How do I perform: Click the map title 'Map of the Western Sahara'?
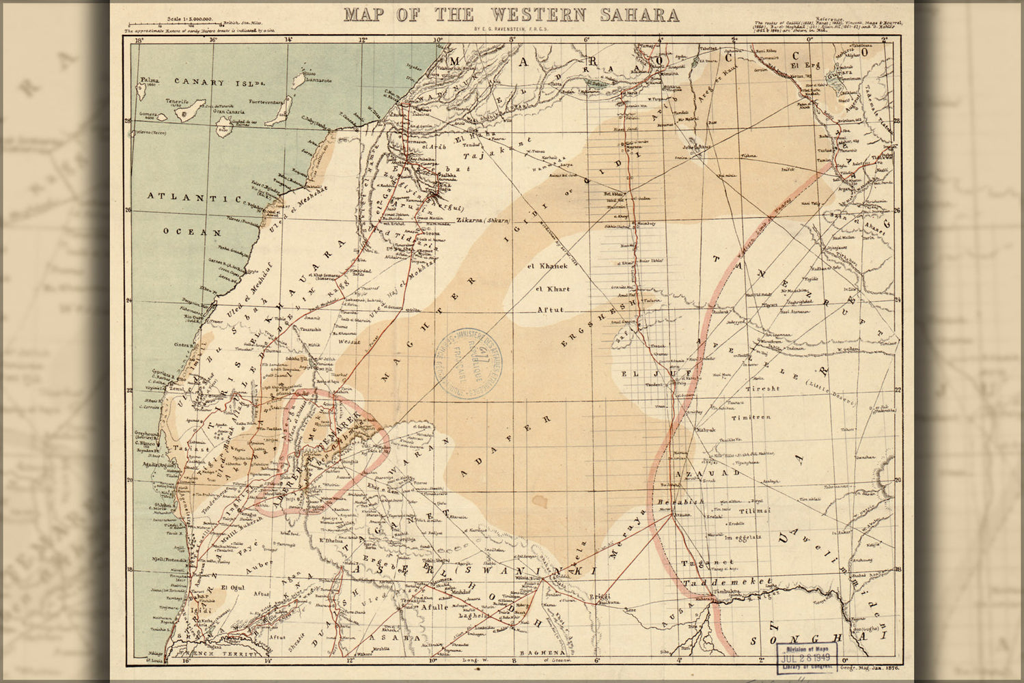pyautogui.click(x=511, y=14)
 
